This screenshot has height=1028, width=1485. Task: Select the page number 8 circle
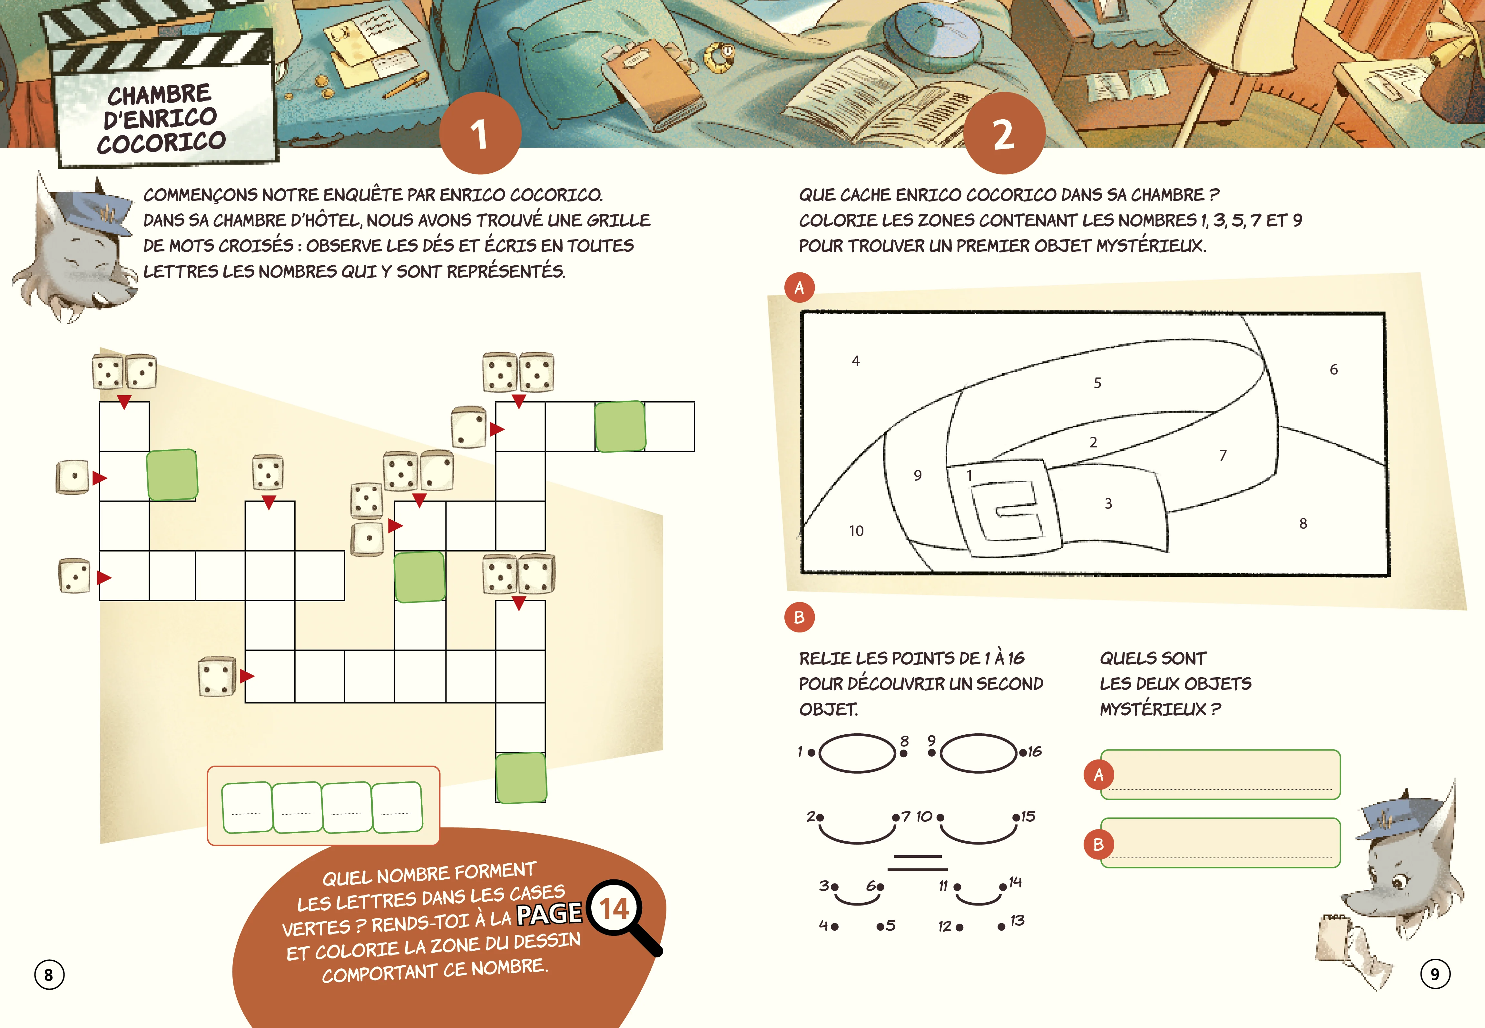(x=49, y=974)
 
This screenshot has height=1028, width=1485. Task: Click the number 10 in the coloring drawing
(x=856, y=531)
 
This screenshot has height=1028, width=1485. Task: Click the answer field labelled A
(x=1220, y=774)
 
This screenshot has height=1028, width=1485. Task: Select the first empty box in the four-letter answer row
(x=247, y=807)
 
